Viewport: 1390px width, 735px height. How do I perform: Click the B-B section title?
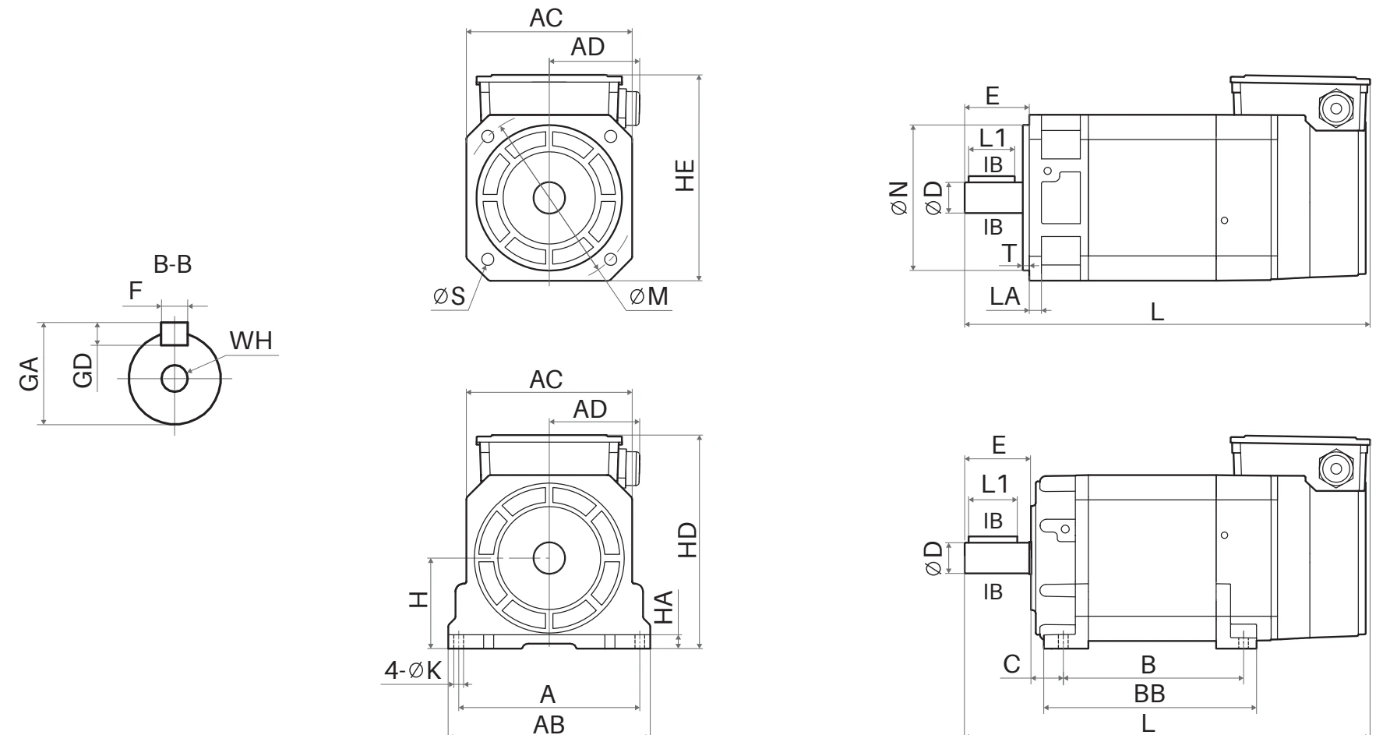pos(172,264)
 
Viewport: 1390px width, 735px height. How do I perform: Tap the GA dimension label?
pos(29,373)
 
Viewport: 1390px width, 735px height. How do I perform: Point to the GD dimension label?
pos(82,369)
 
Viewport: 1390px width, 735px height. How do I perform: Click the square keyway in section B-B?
pos(174,334)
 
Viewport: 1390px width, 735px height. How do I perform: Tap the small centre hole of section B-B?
pos(174,379)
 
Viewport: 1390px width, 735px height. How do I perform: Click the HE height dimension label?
pos(685,175)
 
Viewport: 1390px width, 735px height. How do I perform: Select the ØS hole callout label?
pos(450,296)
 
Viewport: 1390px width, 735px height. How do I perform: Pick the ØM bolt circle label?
pos(649,296)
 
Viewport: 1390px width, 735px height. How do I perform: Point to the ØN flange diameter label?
pos(898,198)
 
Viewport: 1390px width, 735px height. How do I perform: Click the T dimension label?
pos(1009,253)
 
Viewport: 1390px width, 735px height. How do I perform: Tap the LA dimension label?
pos(1005,295)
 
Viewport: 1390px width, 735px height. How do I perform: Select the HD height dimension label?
pos(687,540)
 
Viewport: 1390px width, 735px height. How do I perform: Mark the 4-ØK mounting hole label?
pos(413,670)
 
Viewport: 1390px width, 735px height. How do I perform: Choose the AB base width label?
pos(549,724)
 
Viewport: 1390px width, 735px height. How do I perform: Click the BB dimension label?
pos(1149,693)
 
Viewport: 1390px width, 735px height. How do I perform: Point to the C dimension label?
pos(1011,665)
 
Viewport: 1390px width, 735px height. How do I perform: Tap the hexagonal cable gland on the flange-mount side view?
pos(1335,108)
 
